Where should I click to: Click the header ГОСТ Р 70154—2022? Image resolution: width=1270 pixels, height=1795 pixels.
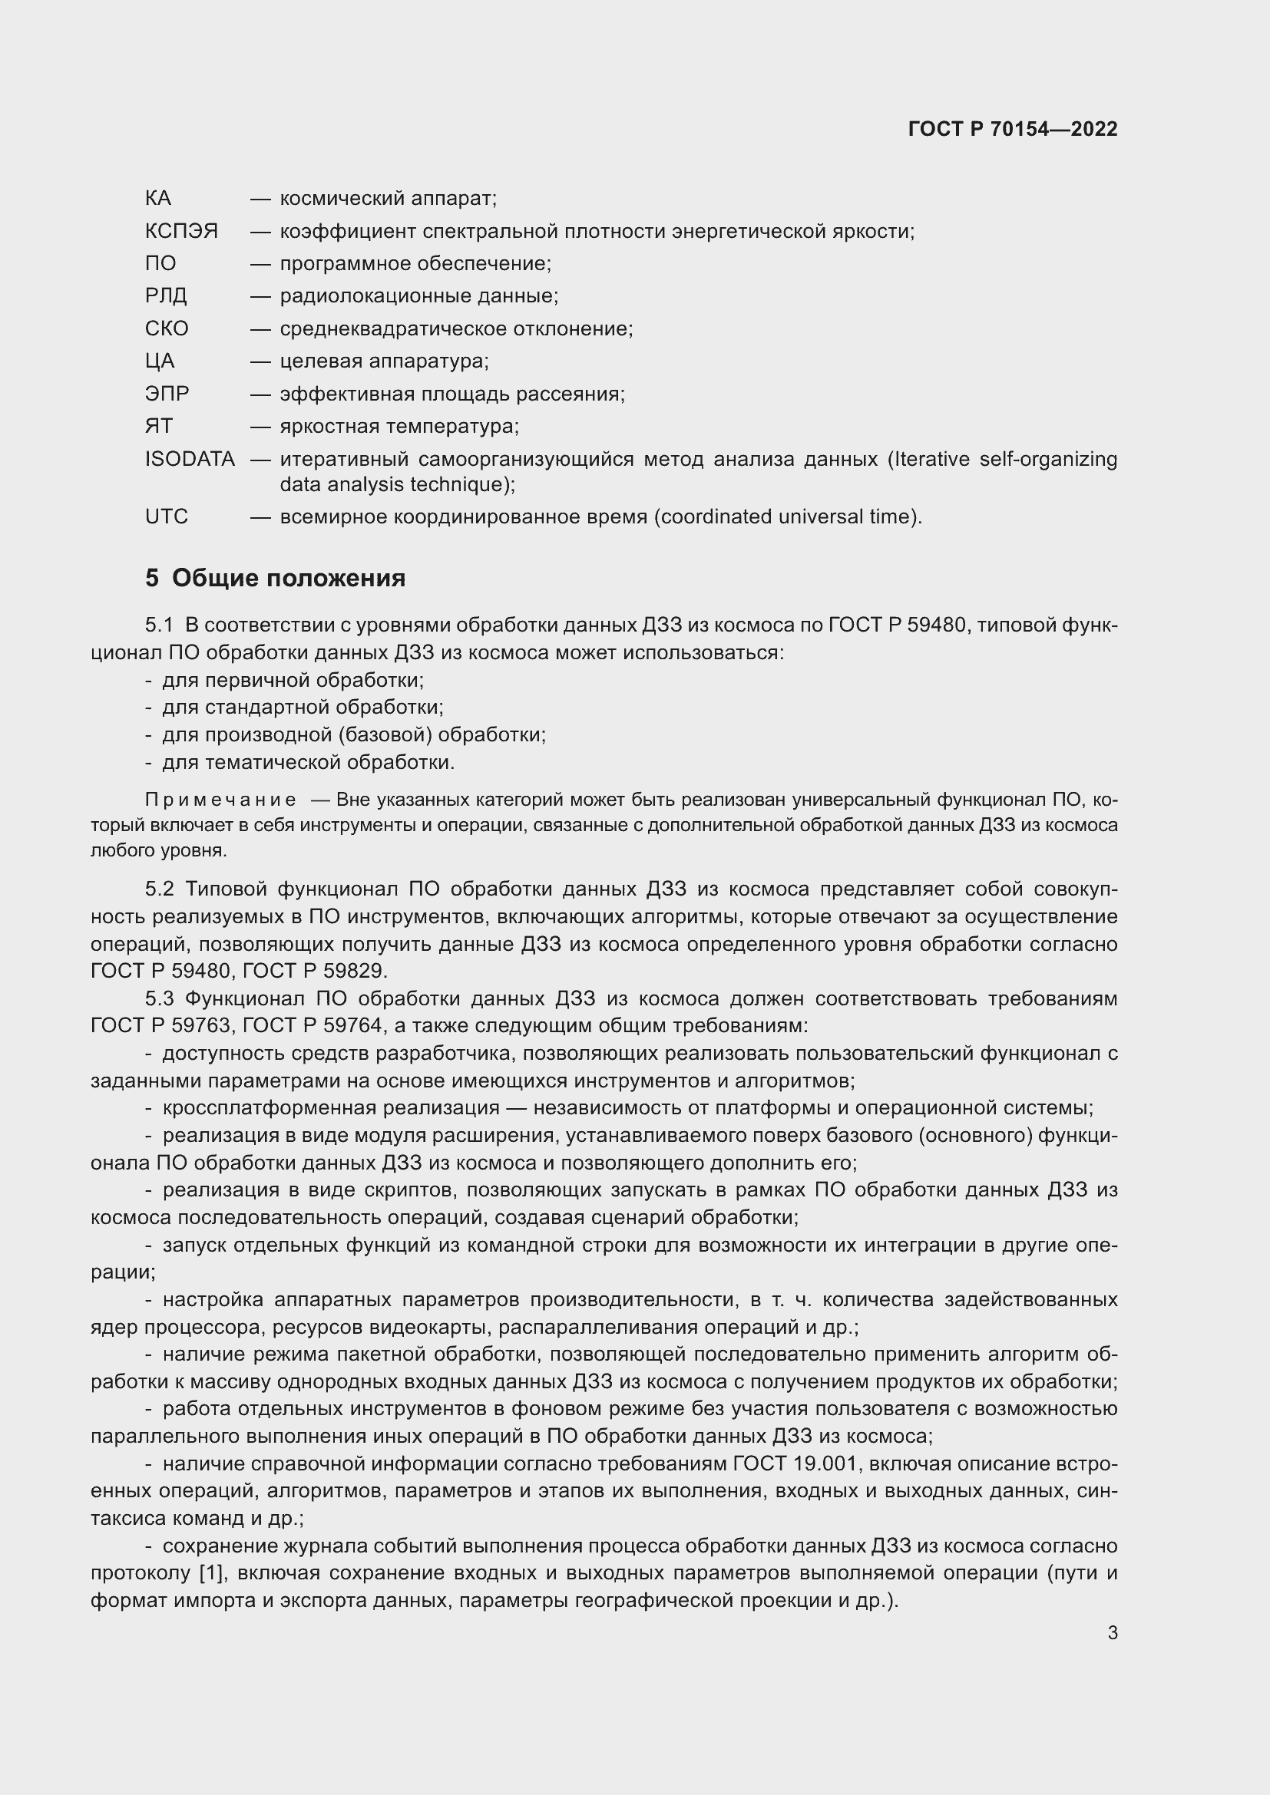click(1013, 129)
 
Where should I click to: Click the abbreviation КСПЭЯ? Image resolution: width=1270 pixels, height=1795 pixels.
click(181, 232)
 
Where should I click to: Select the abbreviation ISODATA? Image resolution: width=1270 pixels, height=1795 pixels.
click(190, 459)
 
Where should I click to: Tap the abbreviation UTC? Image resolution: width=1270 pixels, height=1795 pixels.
click(167, 516)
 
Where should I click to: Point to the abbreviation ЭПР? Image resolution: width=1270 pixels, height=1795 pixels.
click(167, 393)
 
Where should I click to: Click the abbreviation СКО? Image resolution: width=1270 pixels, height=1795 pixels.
click(167, 328)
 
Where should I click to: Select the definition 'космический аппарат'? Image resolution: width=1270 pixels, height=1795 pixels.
click(388, 199)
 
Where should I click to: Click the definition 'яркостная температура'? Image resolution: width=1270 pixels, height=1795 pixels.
click(399, 426)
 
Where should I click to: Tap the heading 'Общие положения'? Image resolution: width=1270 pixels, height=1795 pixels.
click(288, 578)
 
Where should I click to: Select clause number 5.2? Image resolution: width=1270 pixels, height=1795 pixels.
click(159, 889)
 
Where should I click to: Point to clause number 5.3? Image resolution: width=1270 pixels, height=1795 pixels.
click(159, 998)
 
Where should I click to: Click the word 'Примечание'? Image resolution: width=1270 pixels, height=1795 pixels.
click(220, 800)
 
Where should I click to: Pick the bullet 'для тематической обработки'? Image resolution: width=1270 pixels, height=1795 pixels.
click(308, 762)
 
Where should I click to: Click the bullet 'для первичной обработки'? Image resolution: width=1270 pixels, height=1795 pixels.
click(293, 680)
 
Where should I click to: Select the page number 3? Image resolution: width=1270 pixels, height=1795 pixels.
click(1112, 1632)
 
